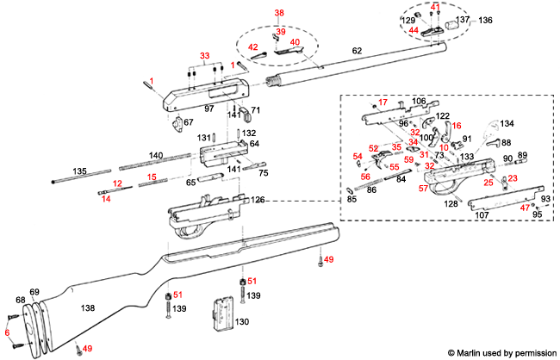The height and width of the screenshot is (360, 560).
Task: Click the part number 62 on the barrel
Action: click(x=357, y=53)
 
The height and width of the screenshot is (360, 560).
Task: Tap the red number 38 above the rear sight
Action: click(x=279, y=13)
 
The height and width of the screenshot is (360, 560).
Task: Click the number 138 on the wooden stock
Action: click(x=87, y=307)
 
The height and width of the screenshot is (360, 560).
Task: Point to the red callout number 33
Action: click(x=203, y=56)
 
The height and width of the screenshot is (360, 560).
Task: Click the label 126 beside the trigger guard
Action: click(x=258, y=201)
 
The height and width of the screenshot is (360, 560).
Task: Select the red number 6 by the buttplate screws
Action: click(x=7, y=332)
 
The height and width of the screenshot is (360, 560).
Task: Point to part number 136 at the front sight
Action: click(x=485, y=20)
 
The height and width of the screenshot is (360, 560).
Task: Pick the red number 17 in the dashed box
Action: click(x=383, y=102)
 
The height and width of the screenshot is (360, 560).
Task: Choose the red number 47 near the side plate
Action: click(x=526, y=208)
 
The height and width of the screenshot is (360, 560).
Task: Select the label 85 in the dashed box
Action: click(x=352, y=200)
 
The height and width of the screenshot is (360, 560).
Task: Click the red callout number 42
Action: click(x=253, y=47)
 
